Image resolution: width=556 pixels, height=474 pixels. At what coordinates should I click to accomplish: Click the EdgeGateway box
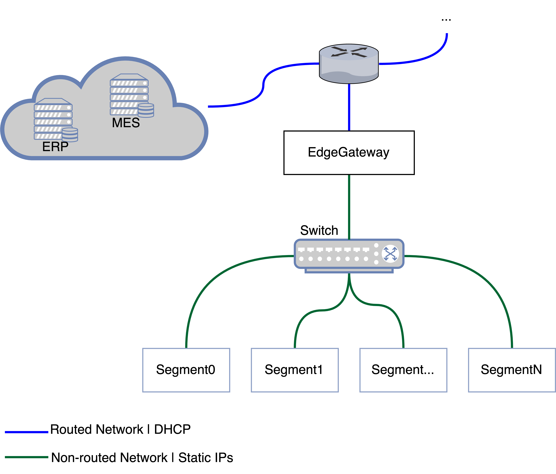coord(349,153)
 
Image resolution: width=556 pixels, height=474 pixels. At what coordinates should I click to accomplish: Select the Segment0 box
coord(186,370)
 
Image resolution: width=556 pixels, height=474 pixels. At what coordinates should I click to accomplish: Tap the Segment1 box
coord(294,370)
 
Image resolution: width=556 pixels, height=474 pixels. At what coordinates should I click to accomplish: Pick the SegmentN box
coord(511,370)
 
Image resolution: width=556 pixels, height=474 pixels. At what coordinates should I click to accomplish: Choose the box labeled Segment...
coord(403,370)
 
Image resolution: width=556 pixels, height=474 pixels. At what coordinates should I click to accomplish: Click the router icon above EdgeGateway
coord(349,64)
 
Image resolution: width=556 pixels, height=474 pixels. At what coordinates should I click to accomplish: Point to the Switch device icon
coord(349,255)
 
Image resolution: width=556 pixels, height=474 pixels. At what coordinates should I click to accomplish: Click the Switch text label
coord(319,231)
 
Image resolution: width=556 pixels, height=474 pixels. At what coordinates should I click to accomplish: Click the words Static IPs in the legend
coord(206,458)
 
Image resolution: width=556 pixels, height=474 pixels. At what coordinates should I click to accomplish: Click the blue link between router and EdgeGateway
coord(349,107)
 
